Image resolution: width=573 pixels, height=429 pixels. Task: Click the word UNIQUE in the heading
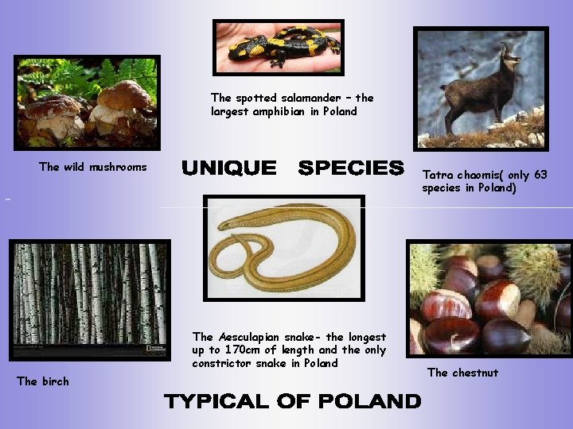point(229,168)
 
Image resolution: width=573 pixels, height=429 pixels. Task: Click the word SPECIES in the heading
point(351,168)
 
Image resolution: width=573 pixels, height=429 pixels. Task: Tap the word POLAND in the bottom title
point(369,401)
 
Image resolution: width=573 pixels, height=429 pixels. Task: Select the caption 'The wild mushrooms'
point(93,167)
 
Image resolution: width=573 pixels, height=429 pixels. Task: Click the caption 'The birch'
point(43,381)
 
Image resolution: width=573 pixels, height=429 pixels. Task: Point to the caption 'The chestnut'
point(463,373)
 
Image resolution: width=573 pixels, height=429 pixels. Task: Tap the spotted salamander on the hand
point(279,45)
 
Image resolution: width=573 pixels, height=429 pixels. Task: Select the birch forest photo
point(89,298)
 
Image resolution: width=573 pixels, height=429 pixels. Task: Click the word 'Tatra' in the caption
point(438,175)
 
